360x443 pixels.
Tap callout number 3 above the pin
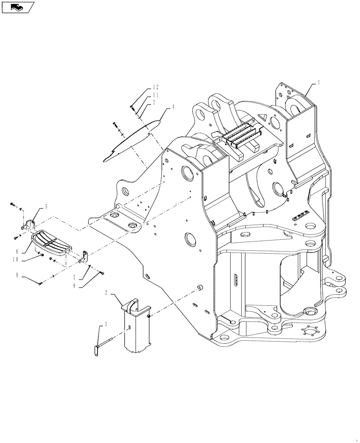[x=106, y=325]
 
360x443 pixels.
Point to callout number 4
[x=173, y=107]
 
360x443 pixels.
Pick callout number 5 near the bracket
[x=46, y=207]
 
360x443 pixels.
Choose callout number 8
[x=18, y=275]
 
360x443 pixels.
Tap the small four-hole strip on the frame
[x=301, y=215]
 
